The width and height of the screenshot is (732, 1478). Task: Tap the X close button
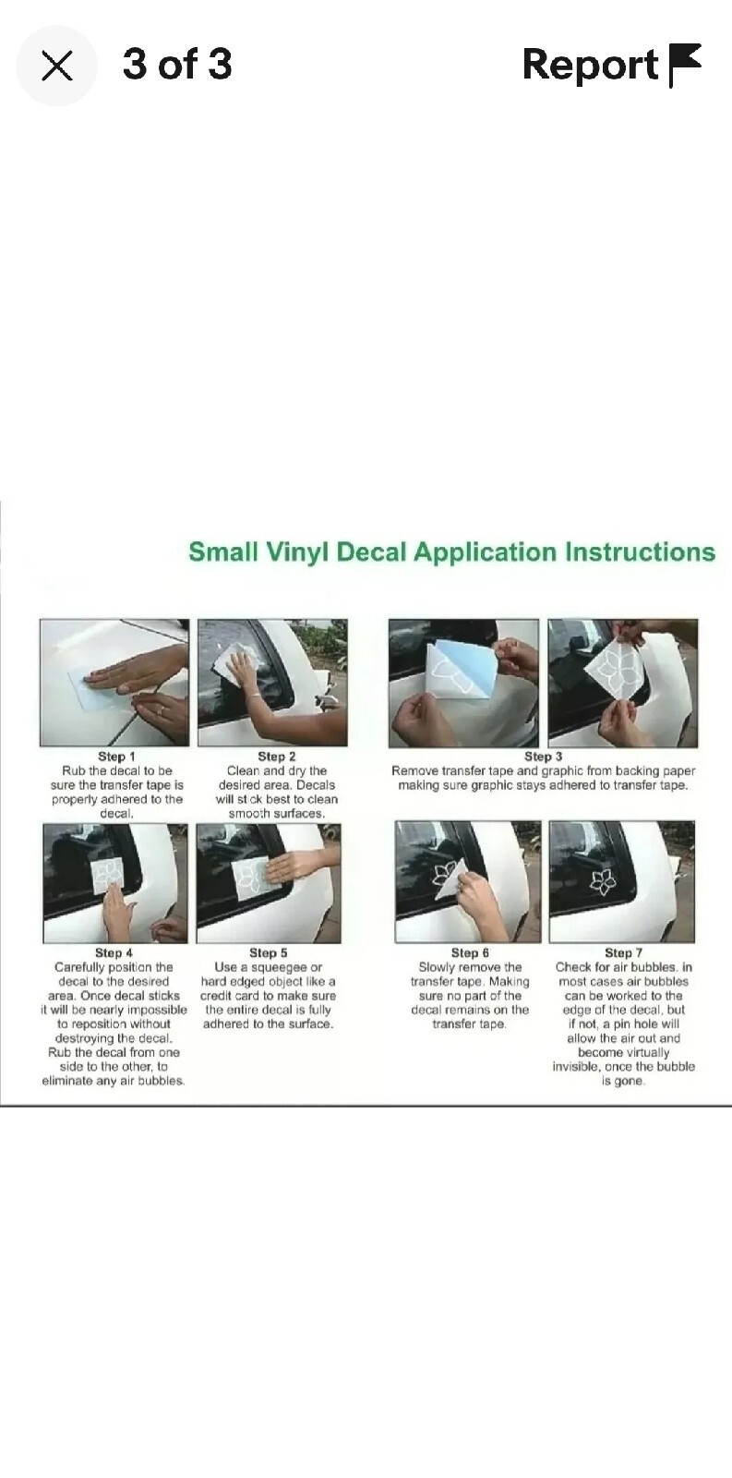coord(56,66)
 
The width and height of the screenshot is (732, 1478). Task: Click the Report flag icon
coord(685,66)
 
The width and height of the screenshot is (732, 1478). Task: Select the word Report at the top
coord(590,66)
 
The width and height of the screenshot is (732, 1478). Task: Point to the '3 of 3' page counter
coord(177,64)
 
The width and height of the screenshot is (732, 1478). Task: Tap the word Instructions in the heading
coord(640,551)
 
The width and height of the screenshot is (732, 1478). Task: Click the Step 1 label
coord(116,757)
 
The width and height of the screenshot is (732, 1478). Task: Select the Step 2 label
coord(276,757)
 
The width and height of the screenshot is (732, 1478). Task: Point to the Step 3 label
coord(544,757)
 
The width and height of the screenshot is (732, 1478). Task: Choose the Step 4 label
coord(114,952)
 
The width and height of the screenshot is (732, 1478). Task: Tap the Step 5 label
coord(269,952)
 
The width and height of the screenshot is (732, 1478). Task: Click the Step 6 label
coord(470,952)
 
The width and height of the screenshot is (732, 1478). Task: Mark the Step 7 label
coord(623,952)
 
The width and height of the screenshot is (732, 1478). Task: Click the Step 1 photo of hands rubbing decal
coord(114,683)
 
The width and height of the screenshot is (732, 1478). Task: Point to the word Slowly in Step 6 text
coord(437,967)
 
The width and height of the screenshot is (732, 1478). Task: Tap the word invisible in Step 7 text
coord(576,1067)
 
